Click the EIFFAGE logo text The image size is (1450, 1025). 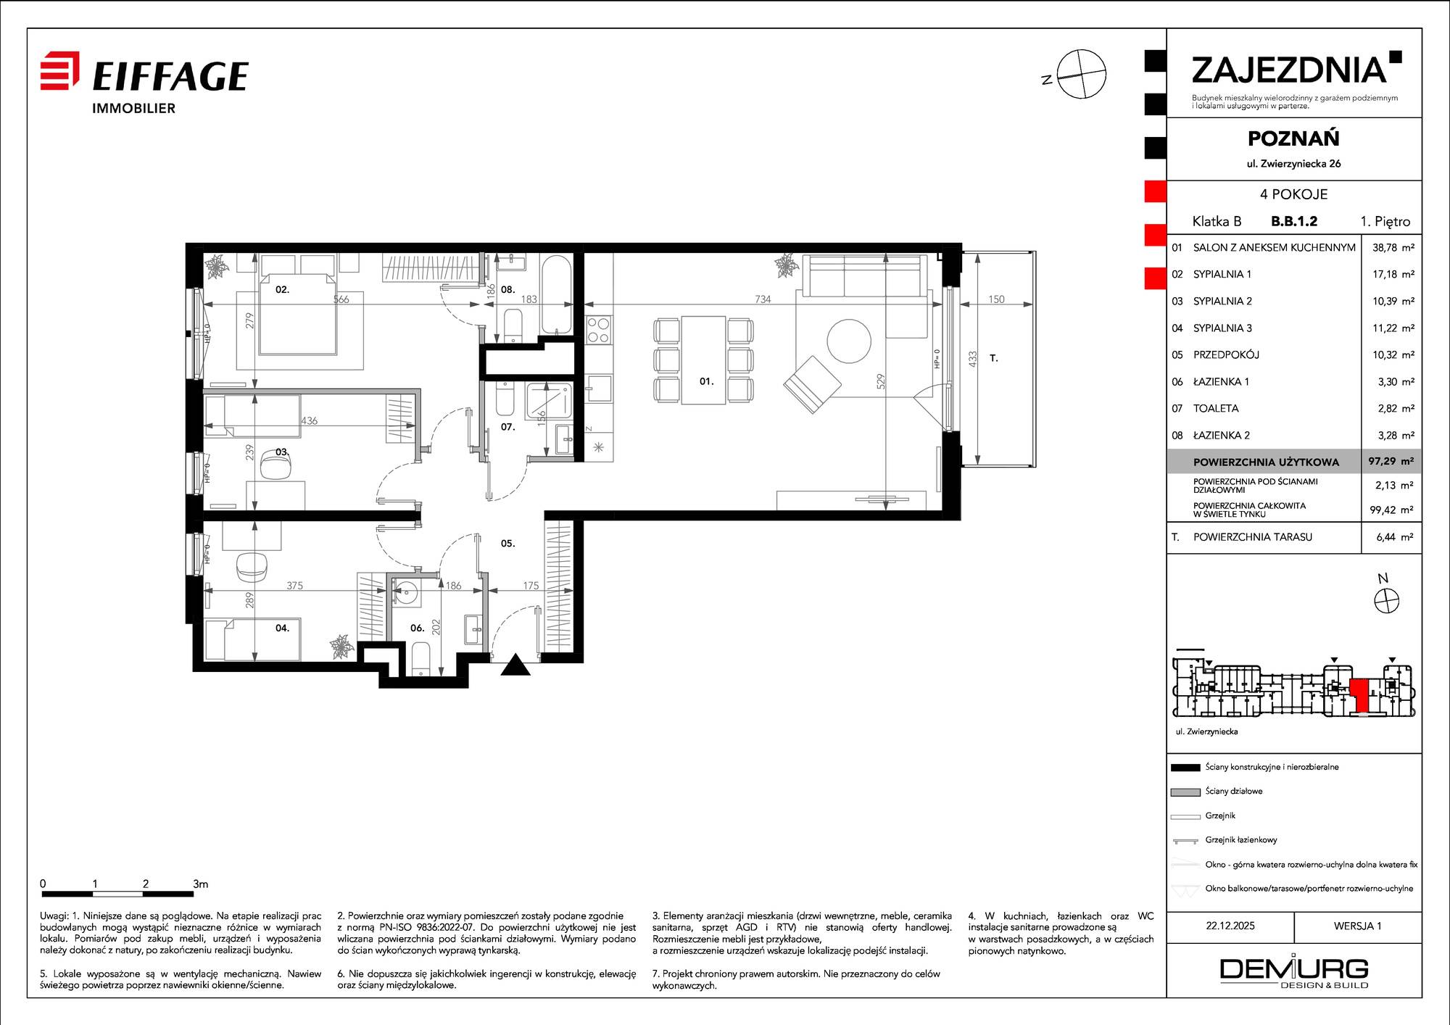coord(170,76)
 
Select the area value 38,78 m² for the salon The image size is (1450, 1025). coord(1393,247)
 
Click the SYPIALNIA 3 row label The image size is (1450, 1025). coord(1222,328)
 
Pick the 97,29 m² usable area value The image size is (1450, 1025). coord(1391,461)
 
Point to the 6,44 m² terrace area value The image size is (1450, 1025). coord(1394,537)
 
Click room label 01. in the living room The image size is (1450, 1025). coord(706,381)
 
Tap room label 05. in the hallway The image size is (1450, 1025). coord(507,543)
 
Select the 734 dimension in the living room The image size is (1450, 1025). coord(763,299)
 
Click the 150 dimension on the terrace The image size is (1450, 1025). coord(996,299)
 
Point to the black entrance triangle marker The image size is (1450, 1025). coord(515,664)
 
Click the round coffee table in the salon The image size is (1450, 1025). coord(849,341)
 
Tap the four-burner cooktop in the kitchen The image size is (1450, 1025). coord(598,330)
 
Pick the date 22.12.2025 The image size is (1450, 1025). coord(1230,926)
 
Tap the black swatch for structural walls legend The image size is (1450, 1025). coord(1185,768)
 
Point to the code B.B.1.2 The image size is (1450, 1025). coord(1294,221)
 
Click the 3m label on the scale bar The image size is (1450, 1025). coord(201,884)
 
